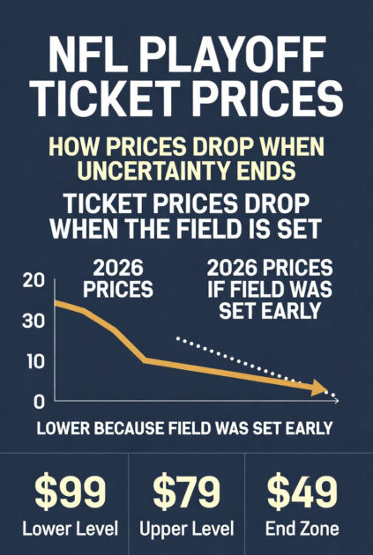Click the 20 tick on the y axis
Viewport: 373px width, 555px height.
click(33, 281)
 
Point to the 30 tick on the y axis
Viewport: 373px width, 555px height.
click(33, 321)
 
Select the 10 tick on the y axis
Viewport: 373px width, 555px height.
click(33, 362)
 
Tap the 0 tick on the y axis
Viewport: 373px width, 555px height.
click(37, 402)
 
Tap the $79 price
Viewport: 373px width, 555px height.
click(186, 492)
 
